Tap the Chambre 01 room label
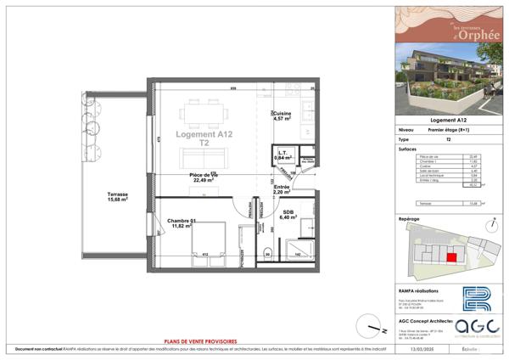pos(182,223)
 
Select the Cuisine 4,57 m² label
pos(282,116)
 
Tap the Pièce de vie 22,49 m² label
pos(204,177)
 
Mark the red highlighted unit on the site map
pos(451,256)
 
